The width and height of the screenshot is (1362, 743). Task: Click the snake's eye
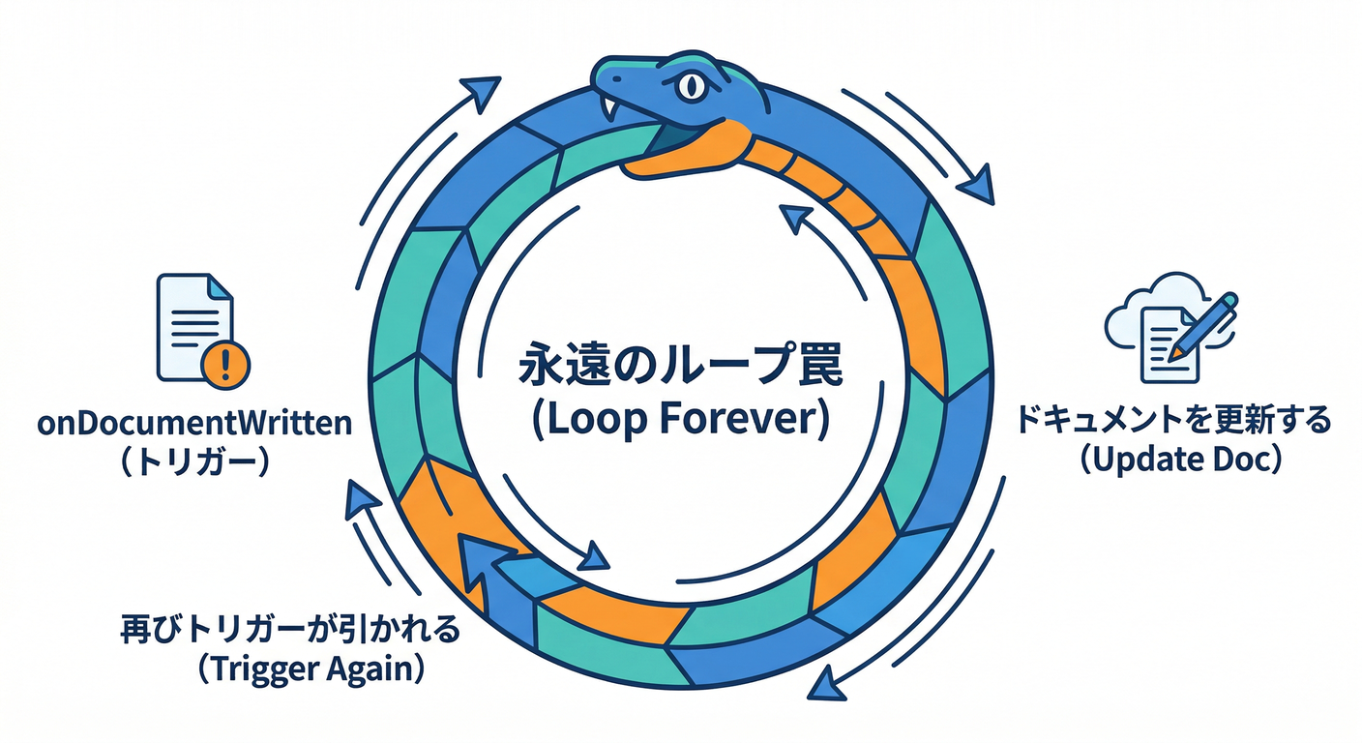pos(691,86)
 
